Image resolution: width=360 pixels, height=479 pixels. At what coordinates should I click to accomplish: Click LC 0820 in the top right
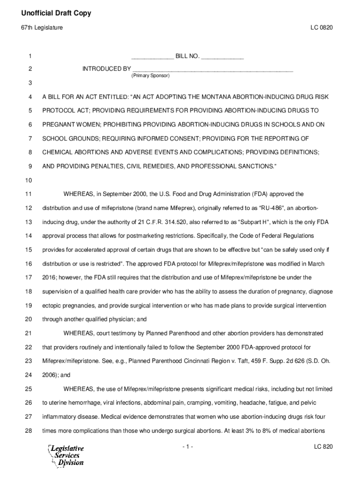click(x=321, y=29)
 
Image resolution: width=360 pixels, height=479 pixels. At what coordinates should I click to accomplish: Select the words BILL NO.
click(x=187, y=57)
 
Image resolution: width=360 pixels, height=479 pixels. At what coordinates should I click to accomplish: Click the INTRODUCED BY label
click(x=107, y=69)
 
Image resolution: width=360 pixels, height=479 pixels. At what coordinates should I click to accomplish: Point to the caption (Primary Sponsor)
click(x=151, y=75)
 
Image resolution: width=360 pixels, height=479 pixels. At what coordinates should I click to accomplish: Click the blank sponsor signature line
click(x=213, y=69)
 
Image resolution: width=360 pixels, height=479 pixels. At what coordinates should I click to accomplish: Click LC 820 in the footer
click(x=323, y=447)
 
